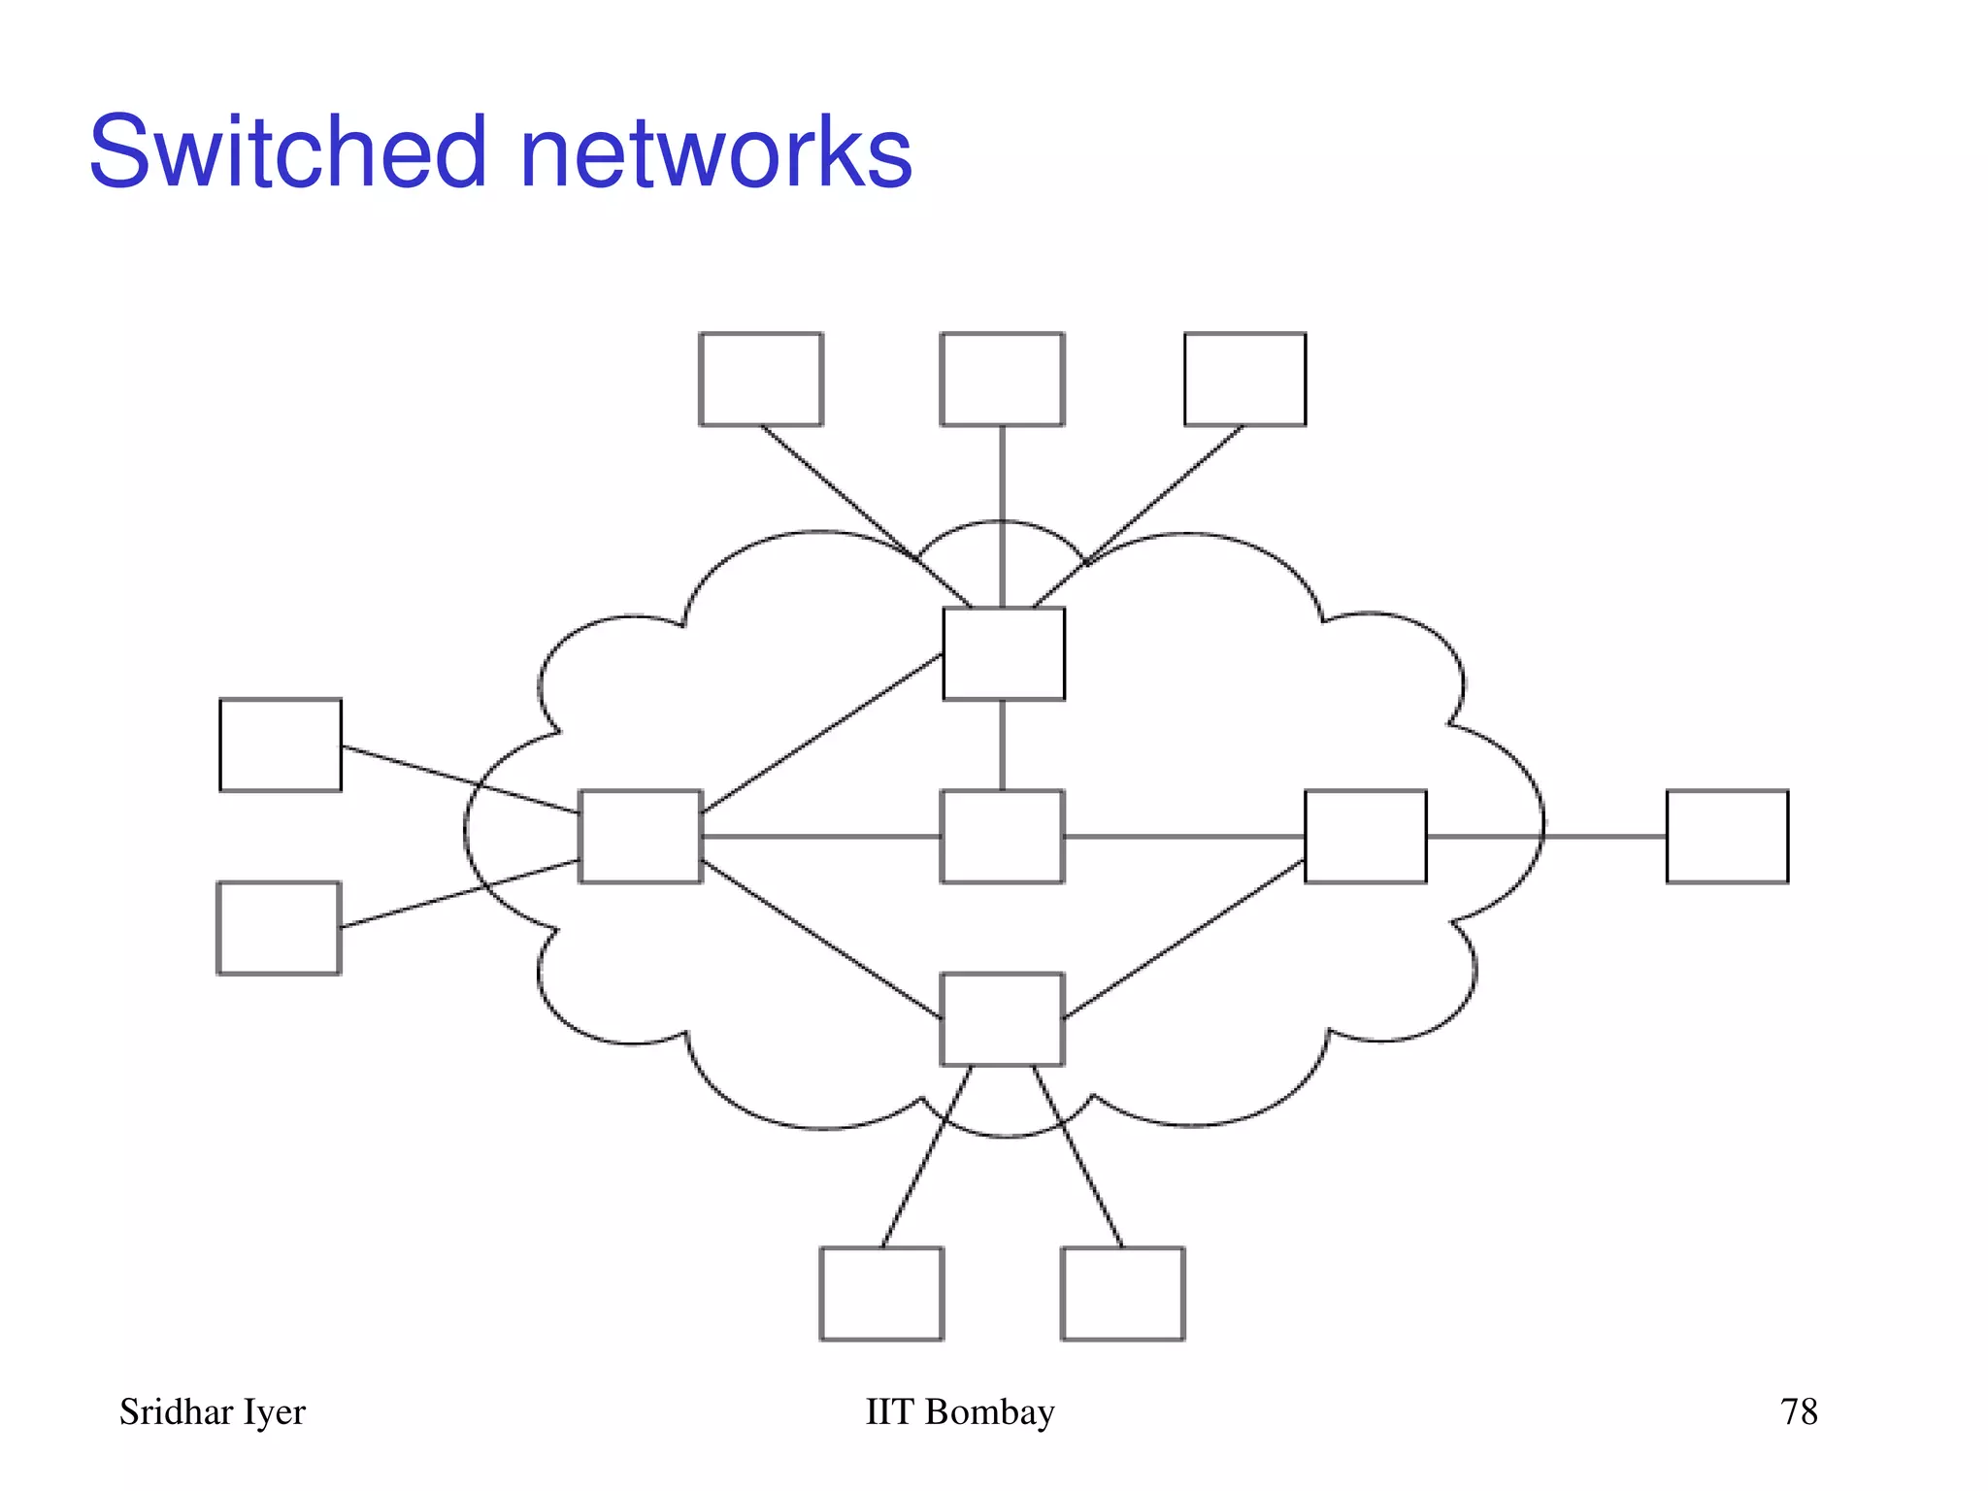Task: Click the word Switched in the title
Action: [286, 152]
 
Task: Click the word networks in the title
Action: [715, 152]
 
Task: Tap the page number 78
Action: [1798, 1411]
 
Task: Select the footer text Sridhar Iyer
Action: [212, 1411]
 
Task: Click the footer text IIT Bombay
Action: [959, 1411]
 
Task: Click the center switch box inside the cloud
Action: [1003, 837]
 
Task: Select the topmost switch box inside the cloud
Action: [1004, 653]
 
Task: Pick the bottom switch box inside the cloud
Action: [1003, 1019]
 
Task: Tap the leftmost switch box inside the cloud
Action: [641, 837]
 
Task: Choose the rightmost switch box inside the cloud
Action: [1365, 837]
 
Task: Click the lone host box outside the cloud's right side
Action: [1727, 837]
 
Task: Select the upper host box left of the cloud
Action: [281, 745]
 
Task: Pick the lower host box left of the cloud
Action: [279, 928]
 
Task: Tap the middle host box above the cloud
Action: [1003, 380]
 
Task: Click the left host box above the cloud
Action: [761, 380]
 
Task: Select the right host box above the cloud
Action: [1244, 380]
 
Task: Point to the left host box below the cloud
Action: [881, 1294]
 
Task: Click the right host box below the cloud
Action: [1123, 1294]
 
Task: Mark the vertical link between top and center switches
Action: [1002, 745]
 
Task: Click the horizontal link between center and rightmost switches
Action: [1184, 836]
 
